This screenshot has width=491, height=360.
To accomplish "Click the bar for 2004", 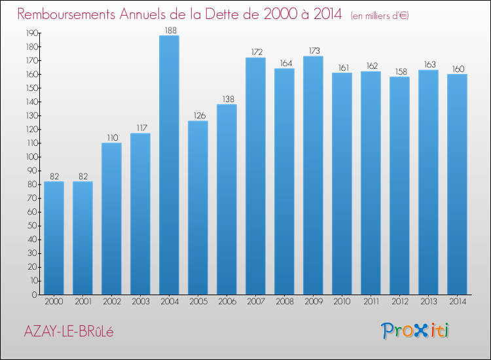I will point(169,165).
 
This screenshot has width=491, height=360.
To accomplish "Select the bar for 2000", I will point(54,238).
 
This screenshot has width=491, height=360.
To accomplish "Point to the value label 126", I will point(198,116).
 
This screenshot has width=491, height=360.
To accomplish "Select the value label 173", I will point(313,51).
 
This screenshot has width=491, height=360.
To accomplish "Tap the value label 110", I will point(111,138).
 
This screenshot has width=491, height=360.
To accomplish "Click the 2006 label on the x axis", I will point(227,302).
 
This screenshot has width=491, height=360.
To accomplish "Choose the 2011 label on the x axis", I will point(371,302).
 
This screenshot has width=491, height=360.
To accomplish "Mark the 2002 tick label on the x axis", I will point(111,302).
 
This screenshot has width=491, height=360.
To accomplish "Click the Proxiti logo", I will point(416,331).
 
